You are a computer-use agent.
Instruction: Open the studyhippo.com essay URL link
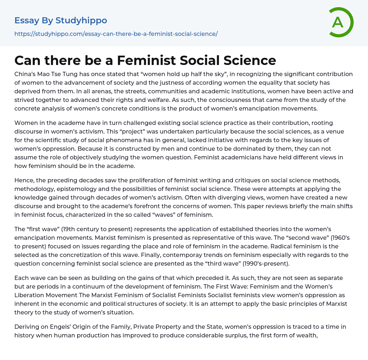pos(116,34)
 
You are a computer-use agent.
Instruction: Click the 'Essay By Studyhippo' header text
pos(61,20)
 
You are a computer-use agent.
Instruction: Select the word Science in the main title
pos(249,60)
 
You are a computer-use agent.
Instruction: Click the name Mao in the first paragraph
pos(42,74)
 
